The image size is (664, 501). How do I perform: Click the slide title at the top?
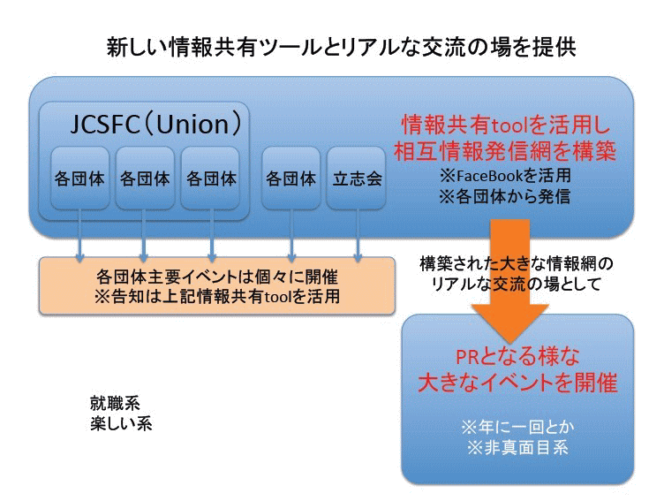[342, 47]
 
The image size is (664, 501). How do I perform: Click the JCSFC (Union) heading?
[155, 124]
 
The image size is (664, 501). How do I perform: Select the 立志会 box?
[357, 178]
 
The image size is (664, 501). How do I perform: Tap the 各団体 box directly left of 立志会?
[290, 178]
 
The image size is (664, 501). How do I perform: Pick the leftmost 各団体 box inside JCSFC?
[79, 178]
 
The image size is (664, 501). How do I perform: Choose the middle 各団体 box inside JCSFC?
[145, 178]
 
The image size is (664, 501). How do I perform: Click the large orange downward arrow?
[510, 280]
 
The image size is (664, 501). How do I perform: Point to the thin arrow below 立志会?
[358, 235]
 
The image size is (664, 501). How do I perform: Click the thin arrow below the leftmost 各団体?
[79, 235]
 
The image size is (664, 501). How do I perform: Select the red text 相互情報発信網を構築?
[505, 151]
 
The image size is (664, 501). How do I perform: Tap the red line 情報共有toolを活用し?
[506, 125]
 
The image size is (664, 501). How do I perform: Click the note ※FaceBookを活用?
[505, 175]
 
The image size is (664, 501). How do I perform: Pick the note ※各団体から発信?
[504, 196]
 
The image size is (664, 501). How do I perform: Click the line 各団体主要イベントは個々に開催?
[217, 277]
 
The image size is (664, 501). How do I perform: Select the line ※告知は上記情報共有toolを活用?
[217, 296]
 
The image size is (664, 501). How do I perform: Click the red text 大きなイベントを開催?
[517, 383]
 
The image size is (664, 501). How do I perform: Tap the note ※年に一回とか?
[517, 427]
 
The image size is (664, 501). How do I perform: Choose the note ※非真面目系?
[517, 447]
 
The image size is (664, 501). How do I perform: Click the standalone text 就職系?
[115, 403]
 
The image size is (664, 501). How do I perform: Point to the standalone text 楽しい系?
[121, 423]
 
